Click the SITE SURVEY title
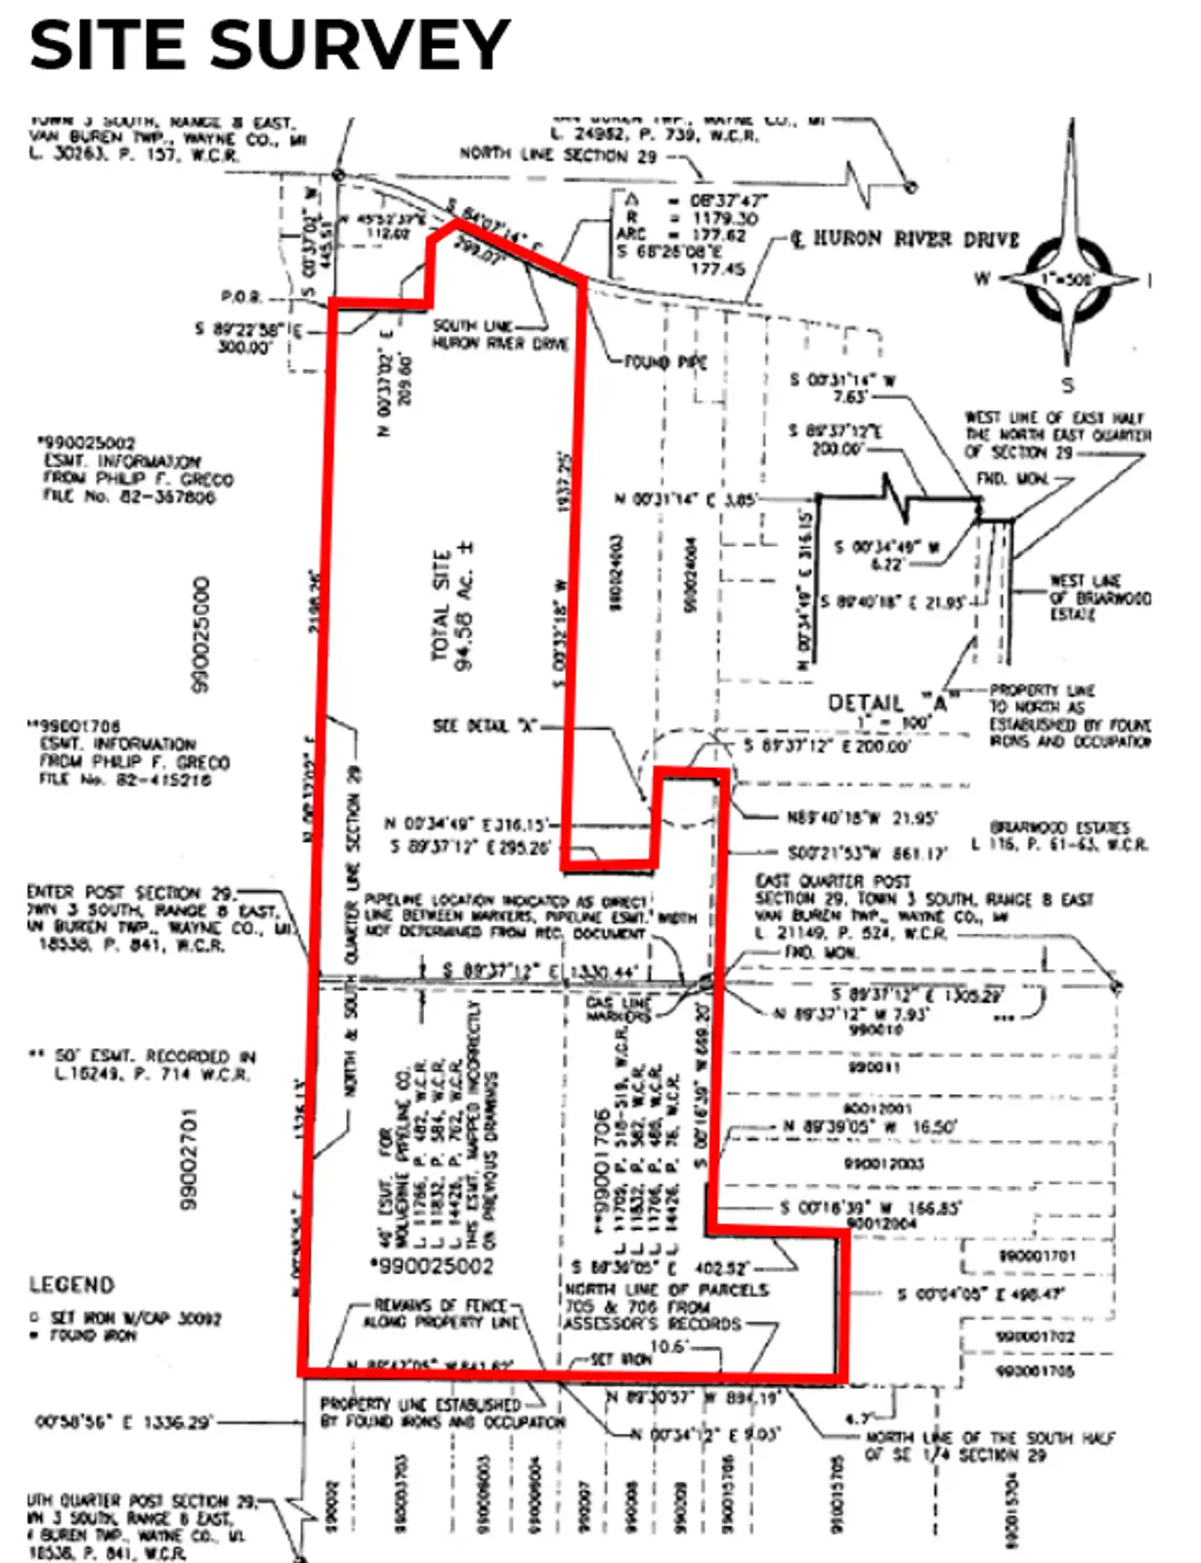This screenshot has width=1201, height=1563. point(269,45)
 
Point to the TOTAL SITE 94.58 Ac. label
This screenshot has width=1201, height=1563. point(452,608)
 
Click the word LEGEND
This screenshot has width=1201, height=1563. point(71,1285)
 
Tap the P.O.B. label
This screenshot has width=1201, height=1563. point(240,297)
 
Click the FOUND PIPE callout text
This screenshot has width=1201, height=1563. point(665,362)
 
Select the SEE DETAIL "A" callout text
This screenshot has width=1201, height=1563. point(484,726)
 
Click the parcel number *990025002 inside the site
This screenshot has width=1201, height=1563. point(431,1266)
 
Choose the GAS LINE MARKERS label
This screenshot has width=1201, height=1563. point(617,1010)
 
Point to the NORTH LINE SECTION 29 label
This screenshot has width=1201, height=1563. point(558,154)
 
